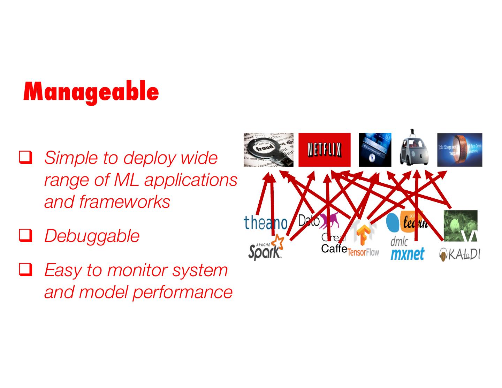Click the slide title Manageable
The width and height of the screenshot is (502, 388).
pos(91,92)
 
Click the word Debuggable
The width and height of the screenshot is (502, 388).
pos(92,236)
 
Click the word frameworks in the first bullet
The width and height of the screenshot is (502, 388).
pos(124,201)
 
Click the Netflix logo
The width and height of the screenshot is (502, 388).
pos(324,150)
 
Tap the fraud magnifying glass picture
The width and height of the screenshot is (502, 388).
pos(268,150)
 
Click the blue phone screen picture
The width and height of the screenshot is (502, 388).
pos(375,150)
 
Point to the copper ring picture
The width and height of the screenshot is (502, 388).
pos(459,150)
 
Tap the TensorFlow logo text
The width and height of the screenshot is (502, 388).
pos(363,252)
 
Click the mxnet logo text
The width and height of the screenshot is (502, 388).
pos(407,254)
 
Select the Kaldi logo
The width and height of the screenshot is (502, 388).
pos(459,254)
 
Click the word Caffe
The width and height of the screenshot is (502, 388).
pos(334,249)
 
